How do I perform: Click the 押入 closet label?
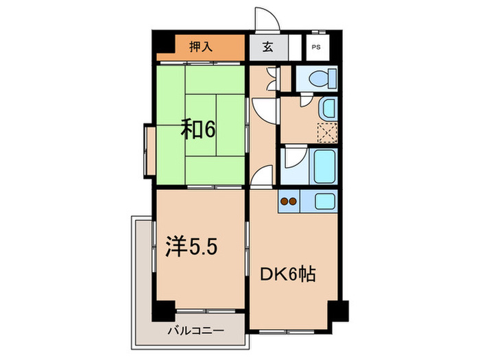[x=200, y=47]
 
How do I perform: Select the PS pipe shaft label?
[x=315, y=47]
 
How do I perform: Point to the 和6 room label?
[x=198, y=129]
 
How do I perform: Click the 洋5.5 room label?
[x=193, y=245]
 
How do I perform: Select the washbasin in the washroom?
[x=328, y=108]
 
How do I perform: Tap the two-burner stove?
[x=289, y=202]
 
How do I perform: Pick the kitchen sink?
[x=323, y=202]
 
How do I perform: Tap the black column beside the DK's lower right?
[x=337, y=312]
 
